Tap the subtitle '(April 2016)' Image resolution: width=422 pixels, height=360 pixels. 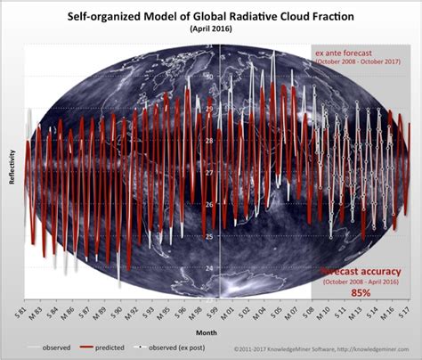point(211,29)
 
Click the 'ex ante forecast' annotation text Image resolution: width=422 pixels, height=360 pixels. point(356,53)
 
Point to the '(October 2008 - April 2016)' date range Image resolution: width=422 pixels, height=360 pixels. point(359,280)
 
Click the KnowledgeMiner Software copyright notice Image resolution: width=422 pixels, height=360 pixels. point(326,349)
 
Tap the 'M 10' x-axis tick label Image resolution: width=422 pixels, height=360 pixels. point(335,314)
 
